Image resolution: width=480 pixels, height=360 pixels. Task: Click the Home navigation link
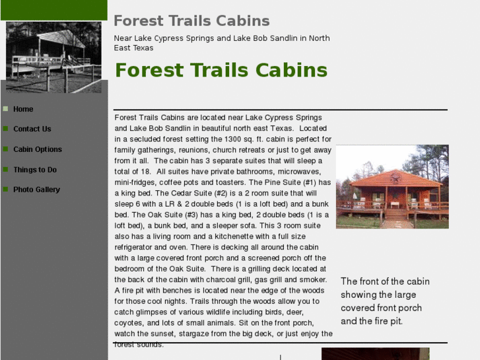point(23,109)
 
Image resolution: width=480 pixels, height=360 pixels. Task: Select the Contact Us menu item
point(32,129)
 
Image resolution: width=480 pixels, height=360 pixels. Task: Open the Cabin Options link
point(38,149)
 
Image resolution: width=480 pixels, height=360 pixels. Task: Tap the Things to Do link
point(35,170)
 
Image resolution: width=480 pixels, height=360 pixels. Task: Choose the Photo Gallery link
point(36,190)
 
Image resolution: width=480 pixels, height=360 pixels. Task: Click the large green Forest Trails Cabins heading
point(221,70)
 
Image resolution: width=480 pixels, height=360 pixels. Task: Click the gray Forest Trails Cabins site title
point(191,21)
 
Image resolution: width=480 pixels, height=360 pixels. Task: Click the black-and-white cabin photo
point(53,57)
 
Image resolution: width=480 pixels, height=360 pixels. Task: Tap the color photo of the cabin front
point(392,187)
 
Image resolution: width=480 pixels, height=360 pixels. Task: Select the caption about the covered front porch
point(385,301)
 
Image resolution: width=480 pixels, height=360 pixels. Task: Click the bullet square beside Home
point(5,108)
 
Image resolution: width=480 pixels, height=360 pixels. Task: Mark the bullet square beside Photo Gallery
point(5,189)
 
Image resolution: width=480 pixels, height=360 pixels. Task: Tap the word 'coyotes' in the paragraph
point(129,323)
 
